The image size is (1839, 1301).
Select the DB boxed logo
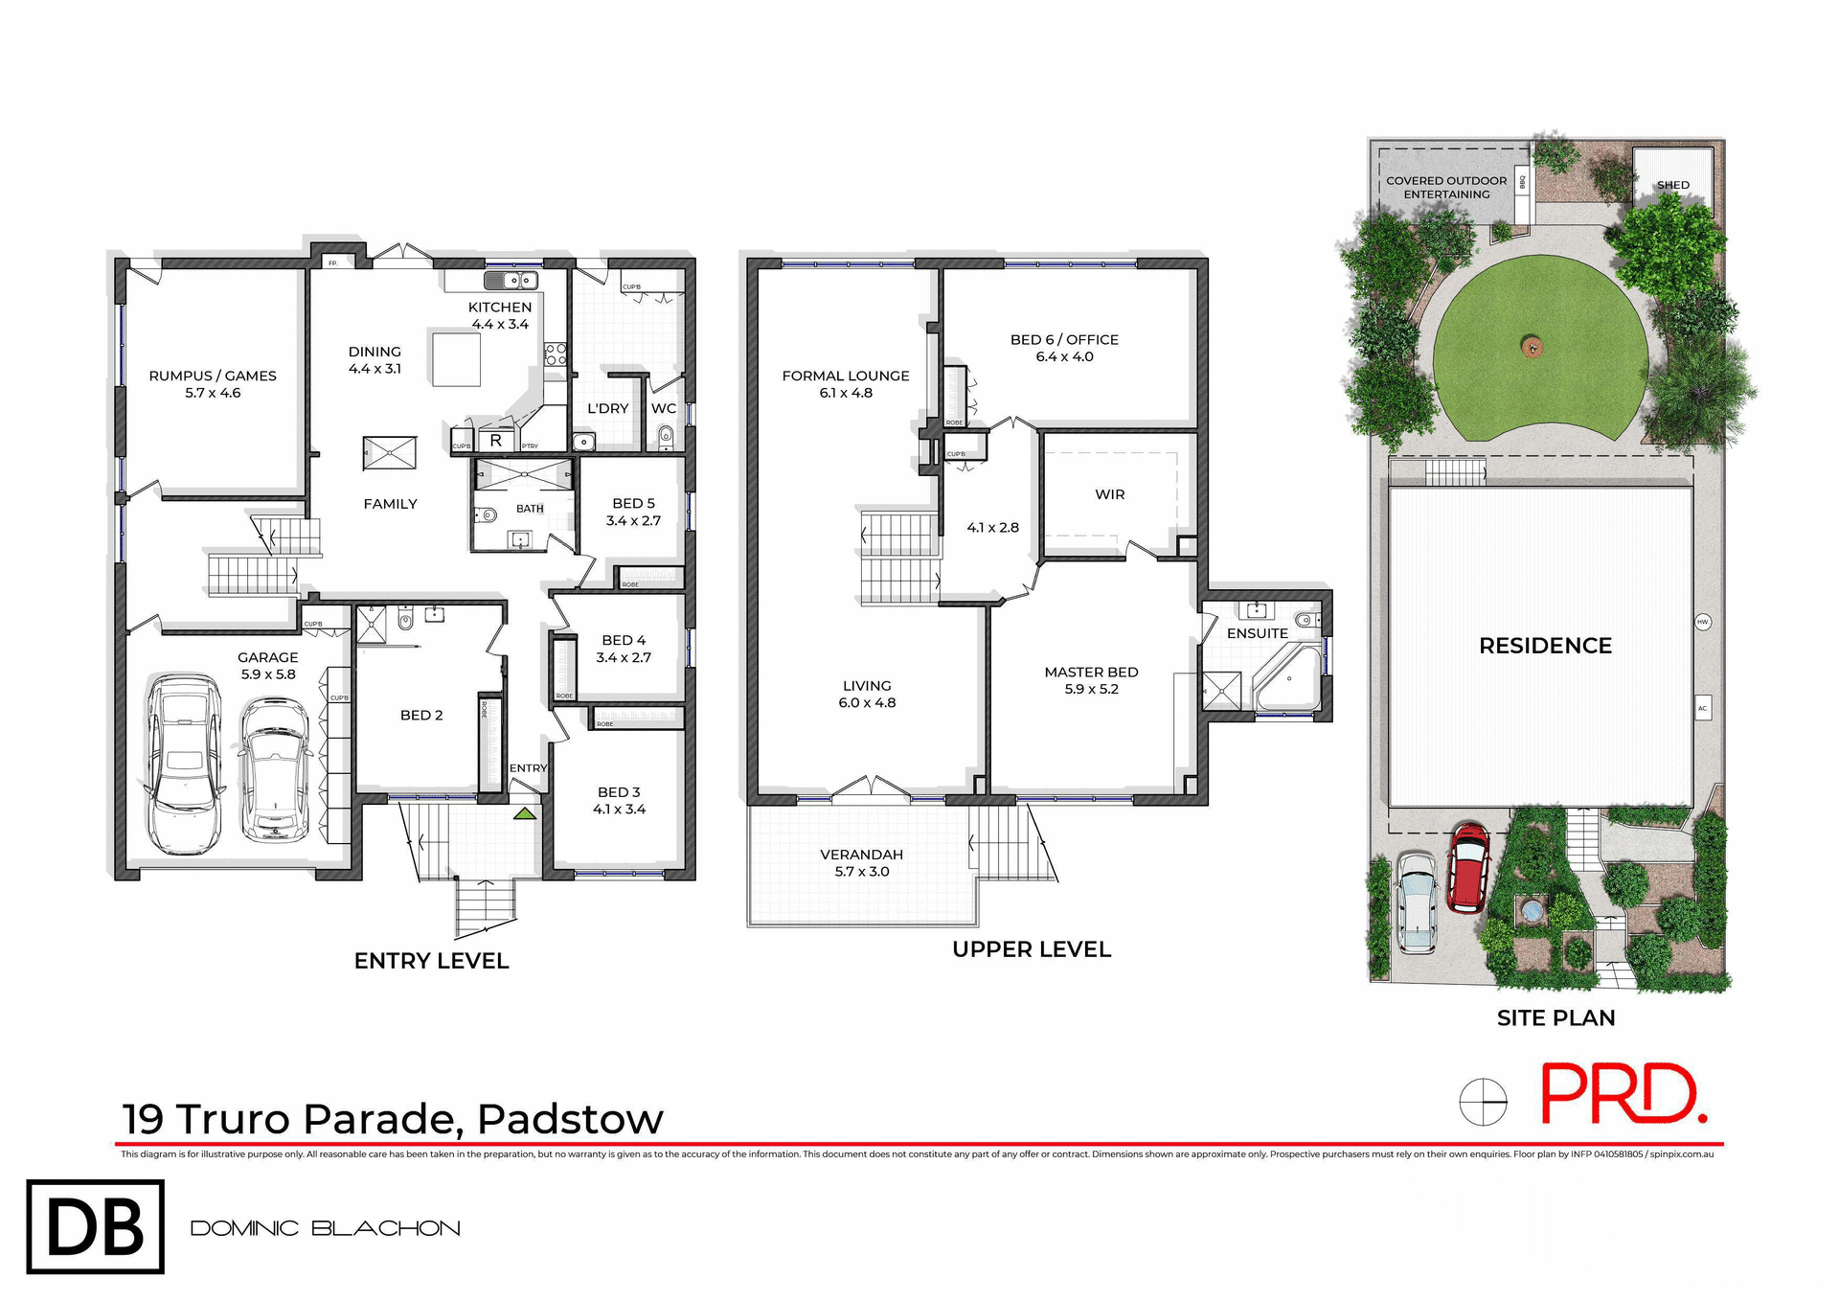point(95,1226)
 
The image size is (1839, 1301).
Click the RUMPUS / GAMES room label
point(213,384)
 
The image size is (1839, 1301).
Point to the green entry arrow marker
point(524,813)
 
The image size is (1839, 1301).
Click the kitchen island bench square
point(456,359)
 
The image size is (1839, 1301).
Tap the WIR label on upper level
point(1109,494)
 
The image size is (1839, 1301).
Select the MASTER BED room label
point(1091,680)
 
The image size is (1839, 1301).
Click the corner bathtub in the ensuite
point(1288,678)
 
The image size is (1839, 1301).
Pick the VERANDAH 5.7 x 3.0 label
point(861,862)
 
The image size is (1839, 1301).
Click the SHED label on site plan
point(1672,185)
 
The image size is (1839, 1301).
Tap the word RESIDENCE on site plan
point(1545,646)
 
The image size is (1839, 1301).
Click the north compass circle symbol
point(1483,1102)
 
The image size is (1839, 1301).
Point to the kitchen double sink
point(510,280)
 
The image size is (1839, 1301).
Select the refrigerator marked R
point(495,441)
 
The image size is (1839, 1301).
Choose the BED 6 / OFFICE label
point(1064,348)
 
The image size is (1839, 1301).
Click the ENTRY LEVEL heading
point(431,961)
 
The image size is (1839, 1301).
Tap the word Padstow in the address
point(570,1118)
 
